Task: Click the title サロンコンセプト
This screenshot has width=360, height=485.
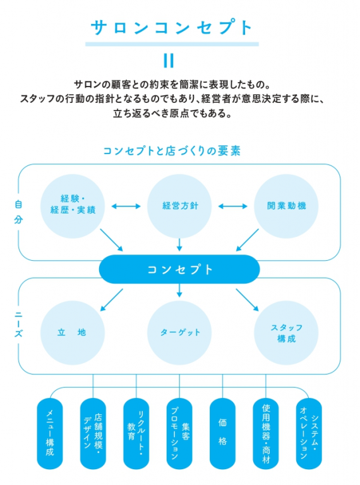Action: pos(172,28)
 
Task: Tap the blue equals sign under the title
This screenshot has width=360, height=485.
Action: pos(169,61)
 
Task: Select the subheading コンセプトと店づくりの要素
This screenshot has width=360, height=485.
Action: pos(172,151)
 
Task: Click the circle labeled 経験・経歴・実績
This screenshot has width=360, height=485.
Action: pos(73,206)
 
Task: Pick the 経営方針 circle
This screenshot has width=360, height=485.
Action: pos(179,206)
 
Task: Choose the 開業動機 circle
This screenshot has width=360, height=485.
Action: pos(287,206)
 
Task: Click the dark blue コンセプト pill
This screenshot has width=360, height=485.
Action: pos(179,269)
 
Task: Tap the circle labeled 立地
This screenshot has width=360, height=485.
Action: pos(73,332)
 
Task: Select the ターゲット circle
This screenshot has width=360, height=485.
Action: pos(179,332)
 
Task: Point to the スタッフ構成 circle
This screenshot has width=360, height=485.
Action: pos(286,332)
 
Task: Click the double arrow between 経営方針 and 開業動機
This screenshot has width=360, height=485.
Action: pos(233,206)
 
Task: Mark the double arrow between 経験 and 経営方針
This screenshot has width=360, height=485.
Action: pos(126,206)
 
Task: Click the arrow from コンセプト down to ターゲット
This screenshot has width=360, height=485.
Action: pos(179,290)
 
